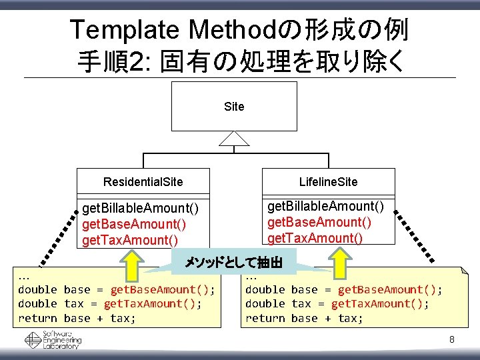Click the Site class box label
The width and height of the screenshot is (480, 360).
[234, 107]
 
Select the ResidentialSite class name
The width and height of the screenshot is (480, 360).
[143, 182]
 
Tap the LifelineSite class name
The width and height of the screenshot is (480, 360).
[328, 182]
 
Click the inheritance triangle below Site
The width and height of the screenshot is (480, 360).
[235, 138]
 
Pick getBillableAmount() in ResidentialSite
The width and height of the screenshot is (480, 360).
[140, 209]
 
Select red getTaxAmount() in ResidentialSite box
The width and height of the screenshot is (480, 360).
[130, 240]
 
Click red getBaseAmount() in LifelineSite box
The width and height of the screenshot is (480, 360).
[319, 222]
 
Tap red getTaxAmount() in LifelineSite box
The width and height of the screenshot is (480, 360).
[315, 238]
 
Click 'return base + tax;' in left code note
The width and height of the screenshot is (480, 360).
[77, 319]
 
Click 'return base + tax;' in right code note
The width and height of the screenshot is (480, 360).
[304, 319]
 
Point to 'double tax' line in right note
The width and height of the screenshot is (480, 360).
[337, 304]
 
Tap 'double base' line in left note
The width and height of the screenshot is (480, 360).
[116, 289]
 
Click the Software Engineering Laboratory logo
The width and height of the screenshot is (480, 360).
[53, 340]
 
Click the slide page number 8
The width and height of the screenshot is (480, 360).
[451, 340]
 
